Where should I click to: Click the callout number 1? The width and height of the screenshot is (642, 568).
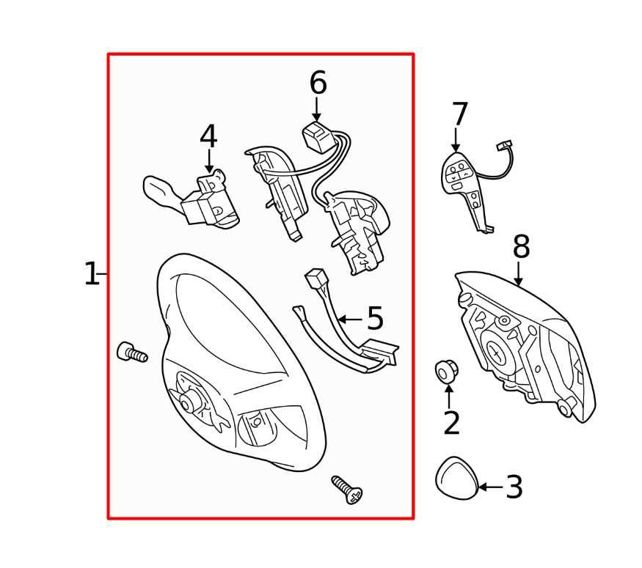90,274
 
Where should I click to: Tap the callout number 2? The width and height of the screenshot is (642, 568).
452,423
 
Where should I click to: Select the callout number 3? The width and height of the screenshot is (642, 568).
514,487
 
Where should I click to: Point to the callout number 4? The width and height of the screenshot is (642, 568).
208,136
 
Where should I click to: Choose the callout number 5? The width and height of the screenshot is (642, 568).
375,318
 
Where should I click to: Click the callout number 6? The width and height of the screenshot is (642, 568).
318,83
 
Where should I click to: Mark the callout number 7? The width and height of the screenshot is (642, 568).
459,114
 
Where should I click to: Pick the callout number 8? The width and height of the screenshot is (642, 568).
521,246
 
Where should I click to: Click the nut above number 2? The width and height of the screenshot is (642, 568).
446,372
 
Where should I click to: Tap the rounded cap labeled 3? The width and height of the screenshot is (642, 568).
456,478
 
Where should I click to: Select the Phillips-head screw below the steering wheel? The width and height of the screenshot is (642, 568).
347,490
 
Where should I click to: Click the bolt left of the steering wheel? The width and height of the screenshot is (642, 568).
132,352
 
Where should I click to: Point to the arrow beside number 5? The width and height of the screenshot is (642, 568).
351,319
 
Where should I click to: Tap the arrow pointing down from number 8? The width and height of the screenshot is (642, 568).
518,274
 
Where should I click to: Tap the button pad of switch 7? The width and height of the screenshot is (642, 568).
458,174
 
